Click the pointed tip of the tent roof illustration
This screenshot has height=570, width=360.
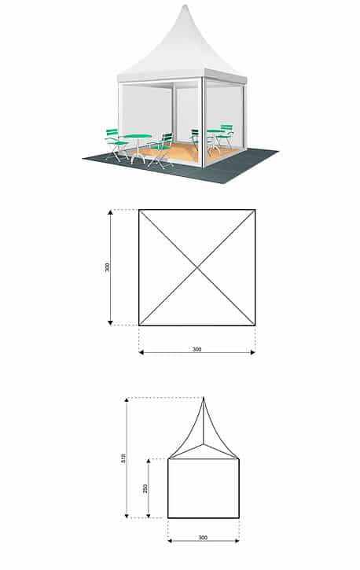pos(186,5)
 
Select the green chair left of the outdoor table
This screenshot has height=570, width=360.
pos(116,145)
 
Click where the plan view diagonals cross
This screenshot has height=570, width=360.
pos(197,268)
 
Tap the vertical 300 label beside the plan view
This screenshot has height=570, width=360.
pos(107,267)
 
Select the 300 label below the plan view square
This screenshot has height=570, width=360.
pos(197,349)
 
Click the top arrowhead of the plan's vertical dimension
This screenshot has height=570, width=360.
pos(110,212)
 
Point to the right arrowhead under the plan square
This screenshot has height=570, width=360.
pos(253,352)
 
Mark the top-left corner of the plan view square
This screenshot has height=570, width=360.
pos(139,210)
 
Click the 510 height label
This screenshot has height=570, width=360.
pos(123,458)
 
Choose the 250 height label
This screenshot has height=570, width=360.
pos(145,488)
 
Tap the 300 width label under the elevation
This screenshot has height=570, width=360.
pos(203,538)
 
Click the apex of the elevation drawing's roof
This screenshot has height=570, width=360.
pos(204,398)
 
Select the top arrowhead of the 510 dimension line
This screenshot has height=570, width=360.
pos(127,400)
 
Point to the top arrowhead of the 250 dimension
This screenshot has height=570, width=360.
pos(149,462)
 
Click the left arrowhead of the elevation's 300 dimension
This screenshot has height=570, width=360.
pos(171,541)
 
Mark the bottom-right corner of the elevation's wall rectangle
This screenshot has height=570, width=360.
pos(239,517)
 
